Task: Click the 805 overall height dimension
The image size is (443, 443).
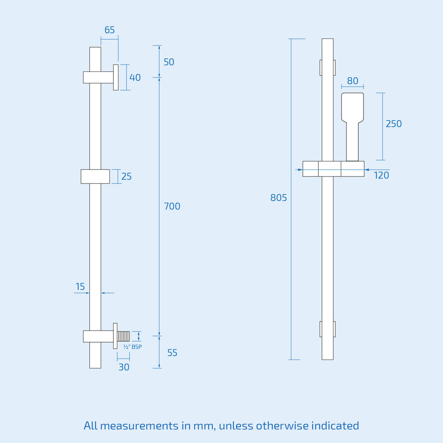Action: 278,197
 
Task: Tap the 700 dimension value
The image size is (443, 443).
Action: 172,206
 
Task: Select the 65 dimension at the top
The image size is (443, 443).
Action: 109,30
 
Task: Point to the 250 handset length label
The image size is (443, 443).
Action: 394,124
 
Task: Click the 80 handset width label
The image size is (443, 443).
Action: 353,81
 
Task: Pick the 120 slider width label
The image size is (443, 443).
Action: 382,175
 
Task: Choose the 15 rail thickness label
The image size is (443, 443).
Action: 80,286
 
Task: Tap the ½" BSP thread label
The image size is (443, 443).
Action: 132,347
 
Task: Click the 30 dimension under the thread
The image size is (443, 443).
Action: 124,367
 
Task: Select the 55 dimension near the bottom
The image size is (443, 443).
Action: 172,353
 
